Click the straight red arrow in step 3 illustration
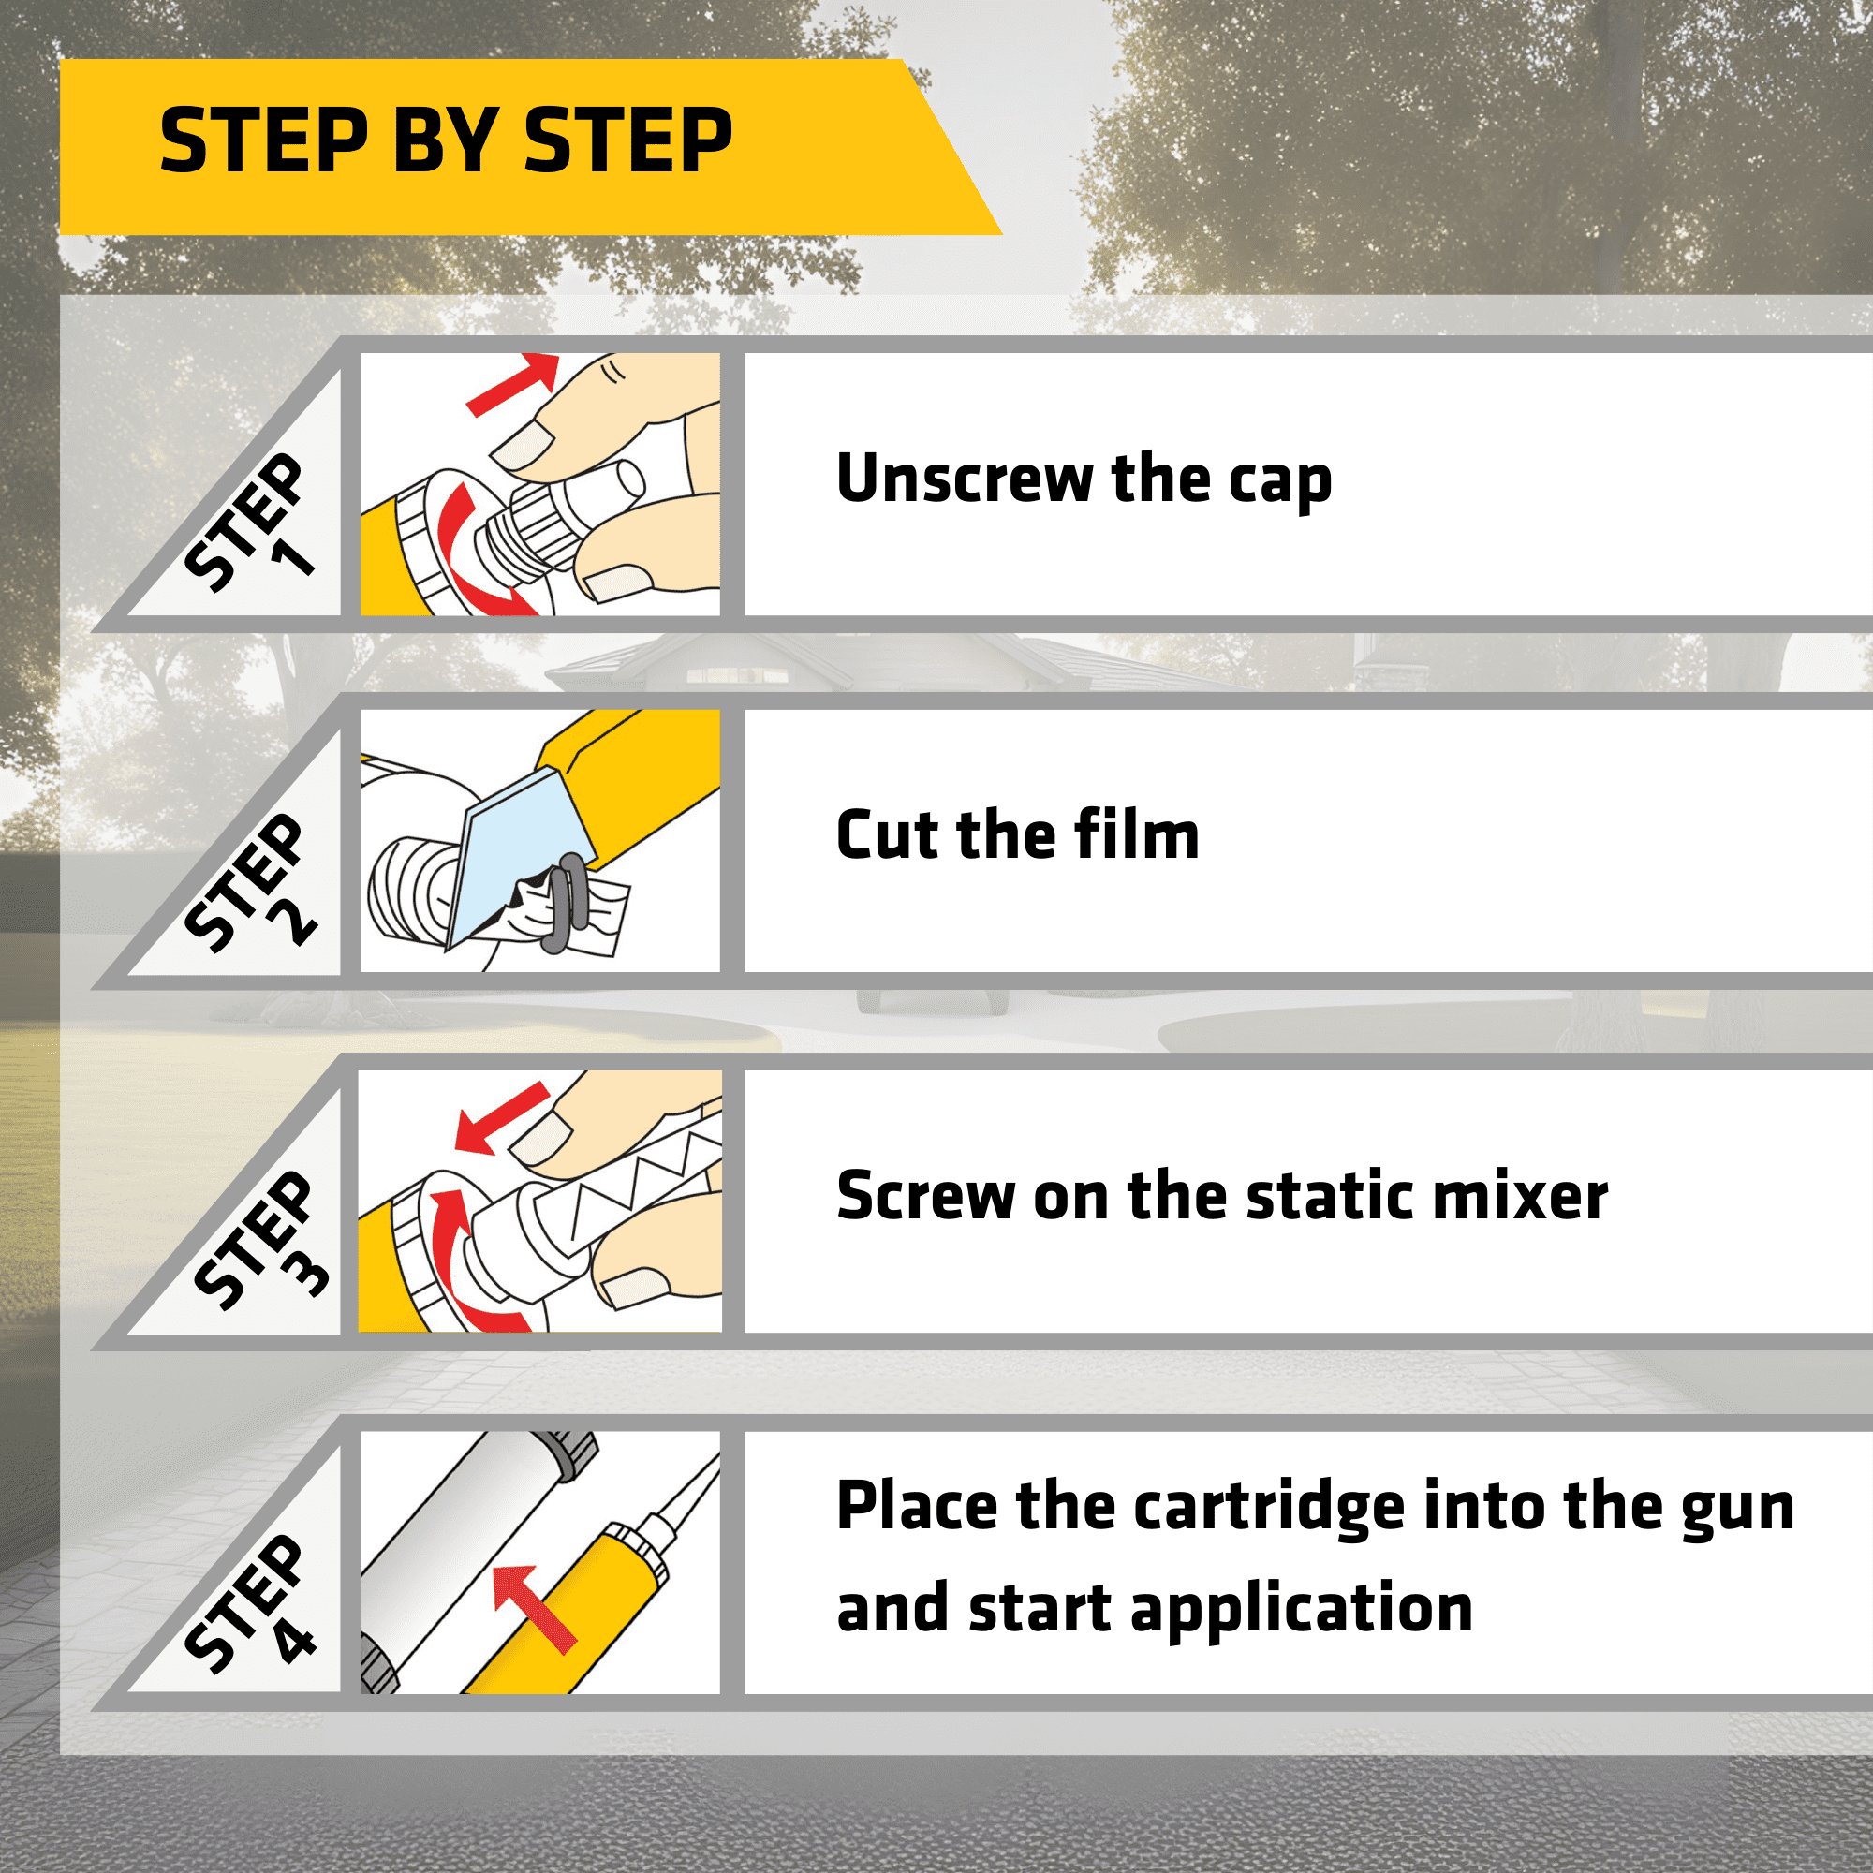[x=501, y=1118]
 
